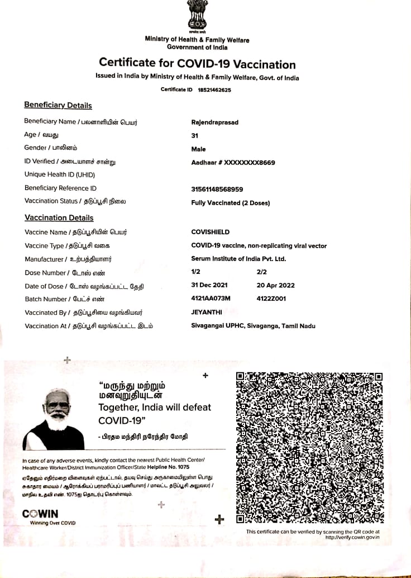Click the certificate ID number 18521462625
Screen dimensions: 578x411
tap(214, 89)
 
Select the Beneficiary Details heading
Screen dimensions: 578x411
tap(58, 105)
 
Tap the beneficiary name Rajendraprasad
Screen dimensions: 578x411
tap(214, 122)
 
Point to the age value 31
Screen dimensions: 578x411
tap(195, 136)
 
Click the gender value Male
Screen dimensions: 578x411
tap(198, 149)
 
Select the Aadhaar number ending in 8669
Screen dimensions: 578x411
tap(233, 163)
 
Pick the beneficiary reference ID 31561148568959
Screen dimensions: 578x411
tap(217, 189)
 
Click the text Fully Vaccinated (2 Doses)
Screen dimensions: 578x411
tap(230, 203)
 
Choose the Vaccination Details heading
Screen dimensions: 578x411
tap(59, 218)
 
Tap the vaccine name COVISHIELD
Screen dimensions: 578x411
tap(210, 232)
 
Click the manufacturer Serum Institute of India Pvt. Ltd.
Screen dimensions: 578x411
tap(238, 259)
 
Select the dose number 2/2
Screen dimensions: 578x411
tap(261, 272)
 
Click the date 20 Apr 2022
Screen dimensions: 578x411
tap(275, 286)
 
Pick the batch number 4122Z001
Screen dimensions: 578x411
tap(271, 299)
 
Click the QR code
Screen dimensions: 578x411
tap(309, 447)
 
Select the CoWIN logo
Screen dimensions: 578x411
tap(40, 514)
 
